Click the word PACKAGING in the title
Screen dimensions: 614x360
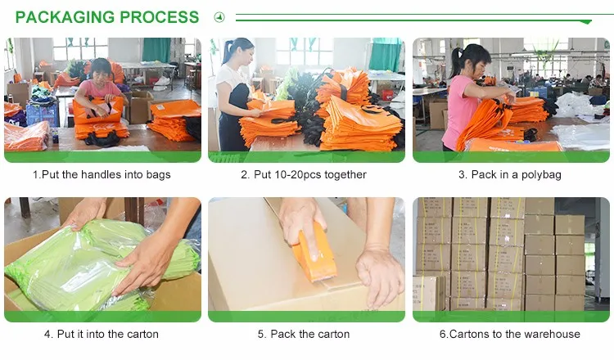65,17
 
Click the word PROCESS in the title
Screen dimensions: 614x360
160,17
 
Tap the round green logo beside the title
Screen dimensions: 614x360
219,17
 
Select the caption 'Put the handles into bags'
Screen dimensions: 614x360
106,174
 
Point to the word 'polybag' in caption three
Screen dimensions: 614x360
541,175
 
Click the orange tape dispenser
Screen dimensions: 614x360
315,254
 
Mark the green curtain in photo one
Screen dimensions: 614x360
156,50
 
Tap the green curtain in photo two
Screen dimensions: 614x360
386,54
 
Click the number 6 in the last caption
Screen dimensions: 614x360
443,334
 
